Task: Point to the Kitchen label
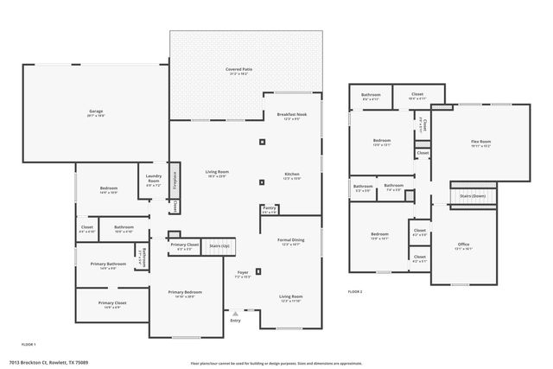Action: (291, 175)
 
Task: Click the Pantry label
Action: (270, 209)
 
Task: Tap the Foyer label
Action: (243, 273)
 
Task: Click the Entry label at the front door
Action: (235, 321)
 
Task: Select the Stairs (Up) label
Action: (219, 246)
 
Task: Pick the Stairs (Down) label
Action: (473, 196)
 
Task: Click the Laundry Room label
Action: (153, 181)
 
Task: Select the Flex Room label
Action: (480, 142)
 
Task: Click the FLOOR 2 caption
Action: (355, 293)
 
